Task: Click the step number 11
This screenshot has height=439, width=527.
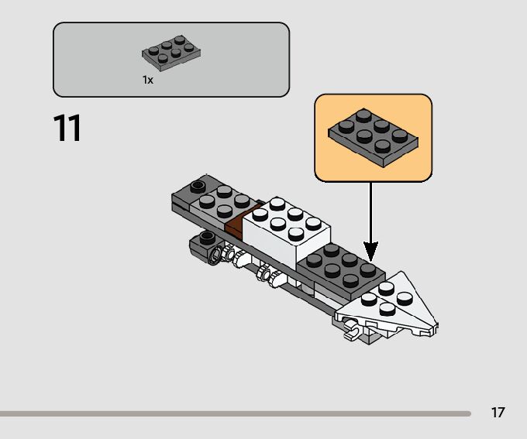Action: point(67,128)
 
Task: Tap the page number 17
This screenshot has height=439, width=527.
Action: point(498,412)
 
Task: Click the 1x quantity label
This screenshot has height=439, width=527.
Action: point(147,80)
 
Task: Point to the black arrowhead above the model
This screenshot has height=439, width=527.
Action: point(371,250)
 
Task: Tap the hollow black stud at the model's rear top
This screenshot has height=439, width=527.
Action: point(198,186)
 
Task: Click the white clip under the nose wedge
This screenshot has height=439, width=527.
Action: point(351,334)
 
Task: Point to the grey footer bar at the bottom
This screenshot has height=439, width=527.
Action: point(232,413)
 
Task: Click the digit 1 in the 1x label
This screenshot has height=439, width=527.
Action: point(144,80)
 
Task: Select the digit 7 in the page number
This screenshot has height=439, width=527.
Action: point(501,412)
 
